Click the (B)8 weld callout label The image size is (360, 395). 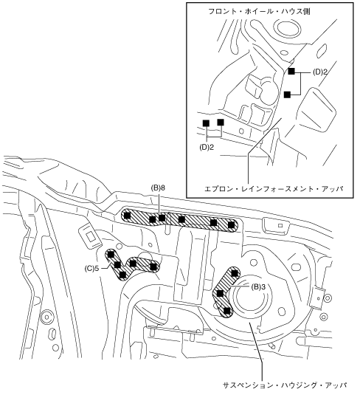point(158,188)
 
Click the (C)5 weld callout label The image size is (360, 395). point(91,269)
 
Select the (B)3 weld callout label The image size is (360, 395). point(258,286)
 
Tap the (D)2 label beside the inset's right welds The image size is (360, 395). point(320,72)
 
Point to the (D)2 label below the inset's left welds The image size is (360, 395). point(207,148)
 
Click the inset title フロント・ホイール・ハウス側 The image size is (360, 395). point(259,11)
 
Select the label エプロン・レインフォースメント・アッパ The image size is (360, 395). point(274,189)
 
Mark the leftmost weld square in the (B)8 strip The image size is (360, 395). point(128,216)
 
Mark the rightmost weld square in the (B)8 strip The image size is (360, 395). point(231,225)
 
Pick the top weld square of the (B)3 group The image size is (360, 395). point(235,273)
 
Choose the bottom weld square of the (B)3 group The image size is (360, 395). point(227,311)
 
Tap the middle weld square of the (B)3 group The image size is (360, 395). point(220,293)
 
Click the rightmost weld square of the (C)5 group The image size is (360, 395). point(153,267)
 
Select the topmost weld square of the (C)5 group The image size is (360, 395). point(111,255)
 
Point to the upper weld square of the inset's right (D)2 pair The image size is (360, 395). point(291,72)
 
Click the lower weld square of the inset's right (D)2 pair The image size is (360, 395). point(287,95)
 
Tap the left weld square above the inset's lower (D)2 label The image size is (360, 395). point(206,123)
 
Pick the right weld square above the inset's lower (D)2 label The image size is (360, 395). point(221,123)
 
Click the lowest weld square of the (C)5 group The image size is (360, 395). point(122,275)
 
